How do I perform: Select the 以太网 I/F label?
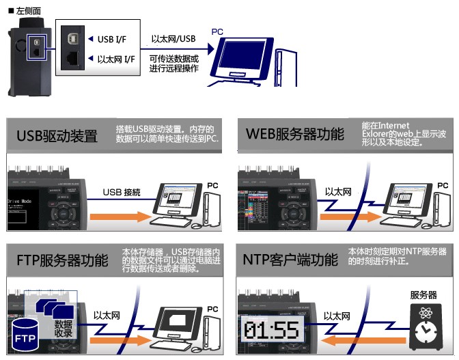pos(115,60)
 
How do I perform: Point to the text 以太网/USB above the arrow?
pos(173,39)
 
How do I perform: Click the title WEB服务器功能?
pos(294,134)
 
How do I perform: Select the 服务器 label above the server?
pos(423,295)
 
